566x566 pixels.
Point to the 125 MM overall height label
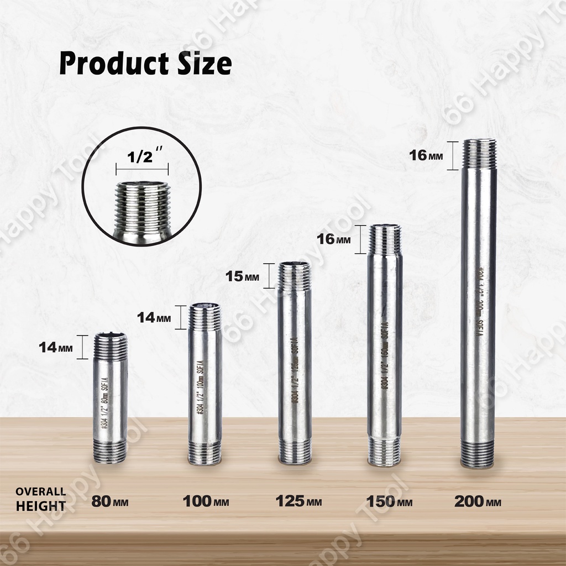point(298,501)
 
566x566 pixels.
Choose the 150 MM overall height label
point(389,501)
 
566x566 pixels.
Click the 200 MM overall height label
point(478,501)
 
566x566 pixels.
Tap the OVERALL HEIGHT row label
point(40,499)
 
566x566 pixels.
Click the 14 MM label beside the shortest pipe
point(56,348)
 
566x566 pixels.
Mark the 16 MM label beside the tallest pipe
point(426,155)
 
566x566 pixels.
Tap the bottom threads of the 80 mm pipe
point(109,452)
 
